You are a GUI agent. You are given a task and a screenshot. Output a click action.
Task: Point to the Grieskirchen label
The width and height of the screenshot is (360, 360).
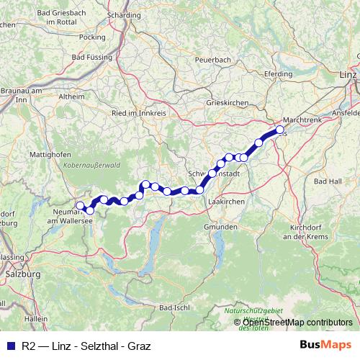click(x=227, y=102)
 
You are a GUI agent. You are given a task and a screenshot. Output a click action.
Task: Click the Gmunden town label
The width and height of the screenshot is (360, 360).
click(x=220, y=227)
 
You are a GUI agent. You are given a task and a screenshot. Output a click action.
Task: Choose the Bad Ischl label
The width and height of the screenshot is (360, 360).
click(x=174, y=307)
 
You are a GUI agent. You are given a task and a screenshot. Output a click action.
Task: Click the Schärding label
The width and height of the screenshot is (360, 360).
click(x=123, y=14)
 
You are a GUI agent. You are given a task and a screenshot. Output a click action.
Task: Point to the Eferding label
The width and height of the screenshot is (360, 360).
click(x=278, y=73)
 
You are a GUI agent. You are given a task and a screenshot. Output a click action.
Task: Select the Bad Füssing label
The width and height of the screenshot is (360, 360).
click(x=89, y=57)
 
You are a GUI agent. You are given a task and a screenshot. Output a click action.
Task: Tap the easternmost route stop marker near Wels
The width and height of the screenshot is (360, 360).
click(x=280, y=130)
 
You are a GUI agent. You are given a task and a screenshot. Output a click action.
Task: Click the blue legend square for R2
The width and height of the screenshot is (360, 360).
click(x=9, y=344)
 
